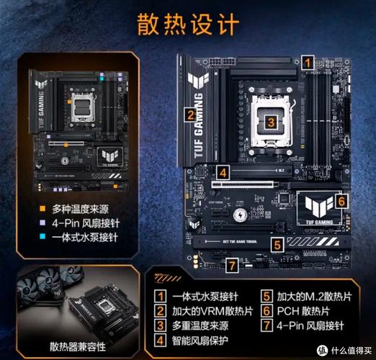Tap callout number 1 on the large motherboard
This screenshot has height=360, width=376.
pyautogui.click(x=308, y=63)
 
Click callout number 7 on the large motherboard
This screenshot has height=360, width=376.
pyautogui.click(x=232, y=266)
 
